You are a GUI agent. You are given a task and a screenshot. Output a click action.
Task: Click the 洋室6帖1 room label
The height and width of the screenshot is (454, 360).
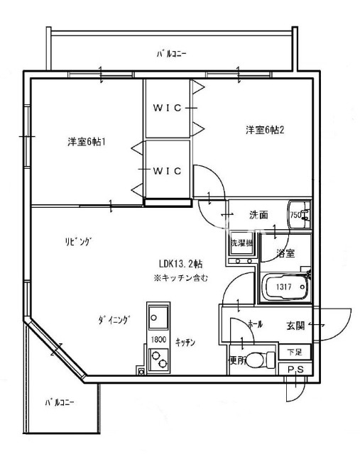(x=87, y=141)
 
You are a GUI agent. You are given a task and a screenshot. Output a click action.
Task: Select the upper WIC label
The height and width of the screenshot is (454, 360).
(x=168, y=108)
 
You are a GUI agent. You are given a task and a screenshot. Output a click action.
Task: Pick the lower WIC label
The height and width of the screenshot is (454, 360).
(x=168, y=170)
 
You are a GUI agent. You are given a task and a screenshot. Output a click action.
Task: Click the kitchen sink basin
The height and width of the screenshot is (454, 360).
(x=158, y=316)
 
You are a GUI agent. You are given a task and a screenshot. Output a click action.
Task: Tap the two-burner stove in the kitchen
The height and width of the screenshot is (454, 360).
(x=158, y=362)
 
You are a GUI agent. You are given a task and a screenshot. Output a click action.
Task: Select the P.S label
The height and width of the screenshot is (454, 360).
(x=296, y=369)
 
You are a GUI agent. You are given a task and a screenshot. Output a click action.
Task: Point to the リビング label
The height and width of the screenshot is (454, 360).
(x=77, y=242)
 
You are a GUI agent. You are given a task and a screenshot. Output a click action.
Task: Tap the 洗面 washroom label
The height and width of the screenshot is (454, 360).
(x=258, y=215)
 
